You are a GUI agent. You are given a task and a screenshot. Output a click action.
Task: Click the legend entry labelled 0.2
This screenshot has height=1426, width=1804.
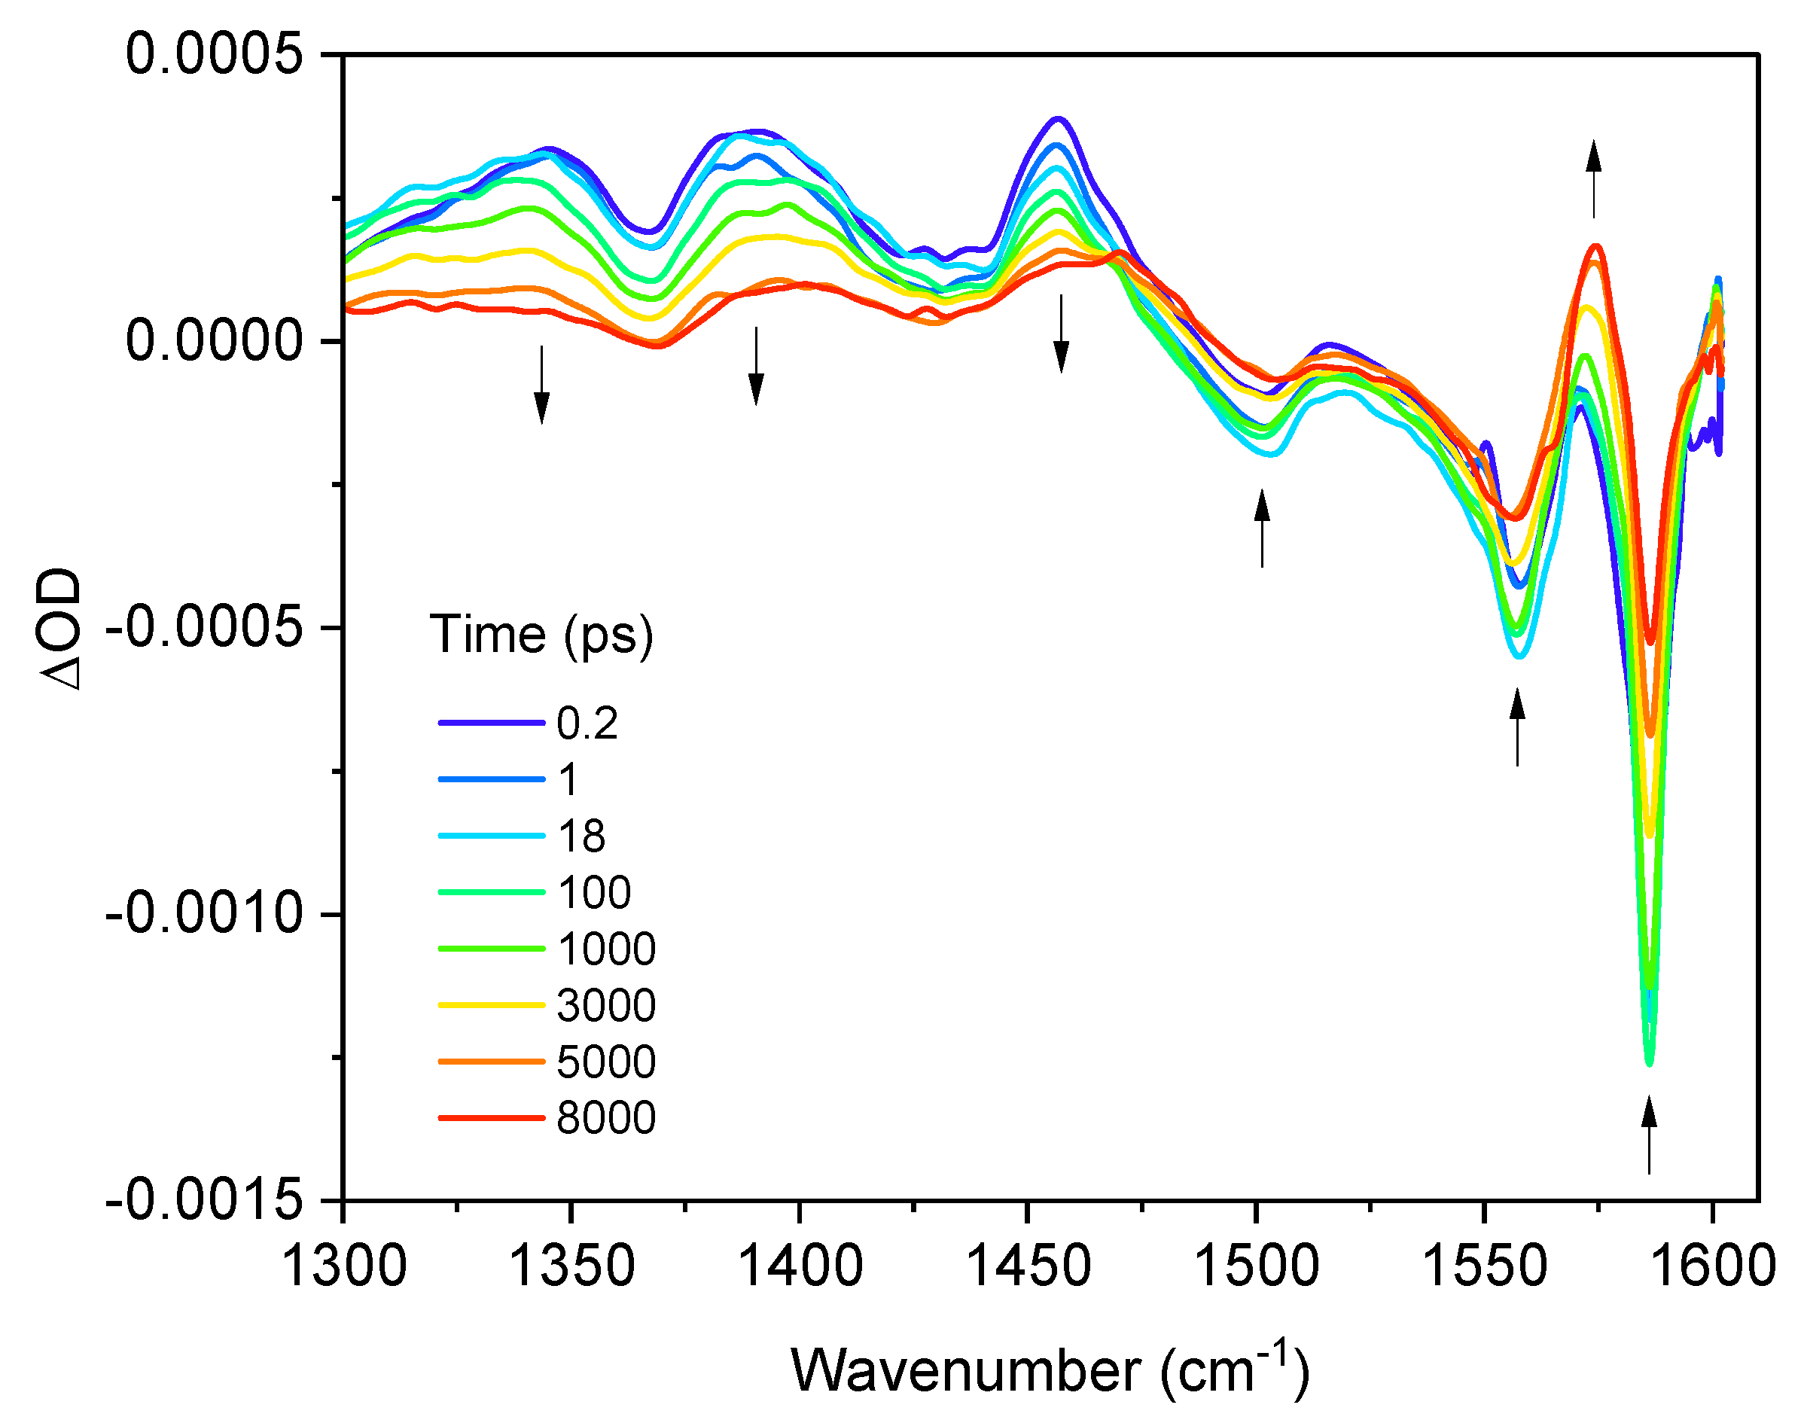coord(587,723)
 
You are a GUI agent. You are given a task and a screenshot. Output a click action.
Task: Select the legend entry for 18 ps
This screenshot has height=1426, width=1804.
coord(581,836)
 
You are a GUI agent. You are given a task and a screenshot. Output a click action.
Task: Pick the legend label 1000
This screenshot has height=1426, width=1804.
coord(606,949)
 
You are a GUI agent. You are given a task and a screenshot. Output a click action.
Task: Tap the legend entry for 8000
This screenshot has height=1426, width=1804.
coord(606,1118)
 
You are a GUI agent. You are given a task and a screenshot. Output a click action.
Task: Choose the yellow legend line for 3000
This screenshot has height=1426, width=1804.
coord(492,1005)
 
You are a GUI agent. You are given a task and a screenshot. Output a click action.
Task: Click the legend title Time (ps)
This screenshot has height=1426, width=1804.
coord(541,635)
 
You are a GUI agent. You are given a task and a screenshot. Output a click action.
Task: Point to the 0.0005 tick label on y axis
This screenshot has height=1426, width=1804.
coord(214,55)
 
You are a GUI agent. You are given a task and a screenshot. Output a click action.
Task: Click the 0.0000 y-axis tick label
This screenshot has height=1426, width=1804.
coord(214,342)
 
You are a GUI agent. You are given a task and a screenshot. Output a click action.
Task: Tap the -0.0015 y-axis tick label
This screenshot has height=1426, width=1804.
coord(204,1199)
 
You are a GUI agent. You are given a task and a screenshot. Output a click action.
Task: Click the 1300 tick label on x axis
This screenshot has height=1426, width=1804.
coord(344,1266)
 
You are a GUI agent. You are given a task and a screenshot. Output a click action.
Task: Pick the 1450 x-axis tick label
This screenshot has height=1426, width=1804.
coord(1028,1266)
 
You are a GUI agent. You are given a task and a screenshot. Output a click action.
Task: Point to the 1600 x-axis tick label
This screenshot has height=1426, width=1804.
coord(1713,1266)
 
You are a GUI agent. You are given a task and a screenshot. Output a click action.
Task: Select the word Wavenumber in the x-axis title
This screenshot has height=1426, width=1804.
coord(965,1371)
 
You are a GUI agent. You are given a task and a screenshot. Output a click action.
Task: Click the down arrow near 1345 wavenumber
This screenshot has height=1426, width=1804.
coord(542,385)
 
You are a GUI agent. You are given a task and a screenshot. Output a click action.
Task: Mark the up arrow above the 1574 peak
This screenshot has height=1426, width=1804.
coord(1594,178)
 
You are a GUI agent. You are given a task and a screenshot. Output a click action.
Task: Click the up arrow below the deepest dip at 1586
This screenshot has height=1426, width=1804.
coord(1649,1136)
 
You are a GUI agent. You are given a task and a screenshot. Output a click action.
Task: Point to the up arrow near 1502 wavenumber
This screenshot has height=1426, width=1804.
coord(1262,529)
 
